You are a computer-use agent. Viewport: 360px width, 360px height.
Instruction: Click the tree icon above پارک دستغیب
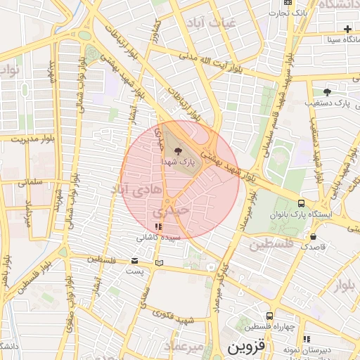pyautogui.click(x=327, y=91)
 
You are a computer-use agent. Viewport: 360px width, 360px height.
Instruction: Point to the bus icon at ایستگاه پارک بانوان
pyautogui.click(x=302, y=201)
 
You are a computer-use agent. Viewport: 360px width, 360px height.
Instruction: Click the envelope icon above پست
pyautogui.click(x=134, y=262)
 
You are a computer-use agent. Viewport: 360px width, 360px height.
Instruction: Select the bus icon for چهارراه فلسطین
pyautogui.click(x=269, y=316)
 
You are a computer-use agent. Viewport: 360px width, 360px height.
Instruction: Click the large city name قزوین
pyautogui.click(x=245, y=347)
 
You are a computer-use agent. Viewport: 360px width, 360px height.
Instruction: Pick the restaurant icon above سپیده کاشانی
pyautogui.click(x=158, y=227)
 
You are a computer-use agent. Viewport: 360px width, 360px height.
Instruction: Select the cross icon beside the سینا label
pyautogui.click(x=348, y=29)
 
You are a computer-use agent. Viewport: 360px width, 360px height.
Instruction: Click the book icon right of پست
pyautogui.click(x=160, y=263)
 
